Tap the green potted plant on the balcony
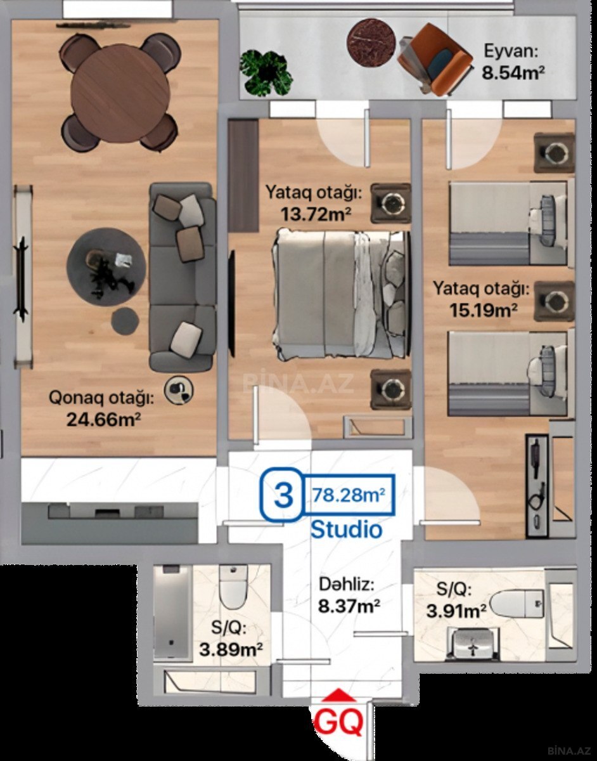tap(266, 73)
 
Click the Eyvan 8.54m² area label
tap(513, 62)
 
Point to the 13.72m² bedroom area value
tap(316, 214)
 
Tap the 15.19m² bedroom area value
tap(483, 309)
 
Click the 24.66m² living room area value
tap(103, 419)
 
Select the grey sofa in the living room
tap(183, 276)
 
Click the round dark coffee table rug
tap(106, 267)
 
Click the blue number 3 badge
tap(283, 495)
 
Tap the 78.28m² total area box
tap(349, 495)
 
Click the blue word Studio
tap(347, 530)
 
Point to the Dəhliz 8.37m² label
tap(349, 596)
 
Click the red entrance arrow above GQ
tap(338, 695)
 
